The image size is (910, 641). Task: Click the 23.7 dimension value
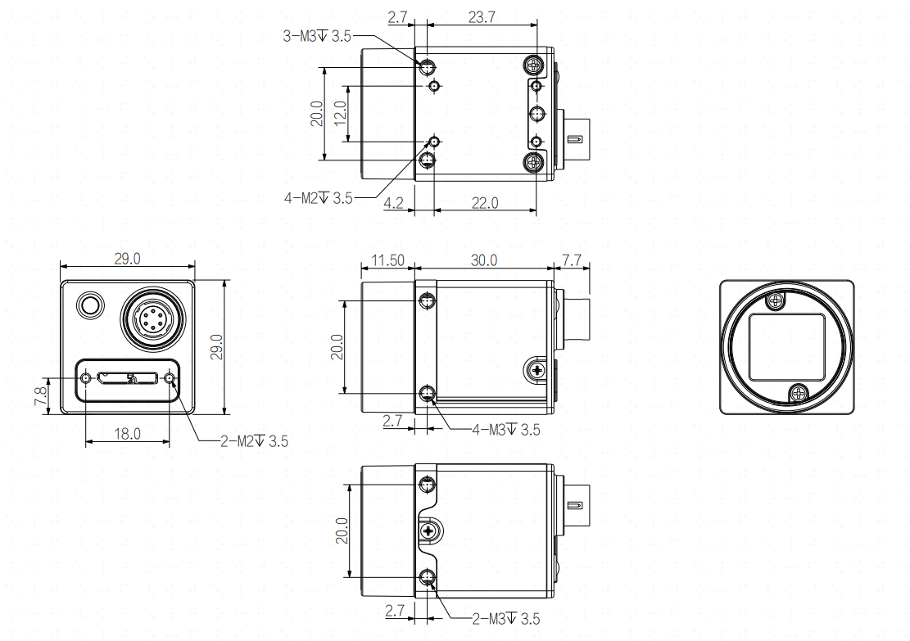click(482, 17)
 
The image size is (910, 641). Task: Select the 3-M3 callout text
click(317, 37)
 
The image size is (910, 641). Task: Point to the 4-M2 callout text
click(318, 198)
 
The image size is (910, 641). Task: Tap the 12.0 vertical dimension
click(341, 113)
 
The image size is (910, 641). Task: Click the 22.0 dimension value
click(485, 203)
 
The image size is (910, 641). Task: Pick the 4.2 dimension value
click(393, 203)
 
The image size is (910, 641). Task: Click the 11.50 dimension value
click(387, 260)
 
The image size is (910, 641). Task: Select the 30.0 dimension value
click(483, 260)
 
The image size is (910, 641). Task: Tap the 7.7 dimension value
click(572, 260)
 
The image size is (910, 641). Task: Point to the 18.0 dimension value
click(127, 434)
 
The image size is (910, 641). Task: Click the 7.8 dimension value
click(41, 396)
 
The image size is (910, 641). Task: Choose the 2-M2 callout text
click(254, 441)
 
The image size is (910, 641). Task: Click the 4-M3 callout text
click(506, 430)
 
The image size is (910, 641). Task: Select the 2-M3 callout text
click(506, 619)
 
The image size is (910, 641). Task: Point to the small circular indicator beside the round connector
click(89, 305)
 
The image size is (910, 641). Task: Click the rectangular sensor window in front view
click(787, 347)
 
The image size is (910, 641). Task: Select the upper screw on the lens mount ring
click(776, 301)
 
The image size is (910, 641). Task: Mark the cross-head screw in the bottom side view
click(429, 530)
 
